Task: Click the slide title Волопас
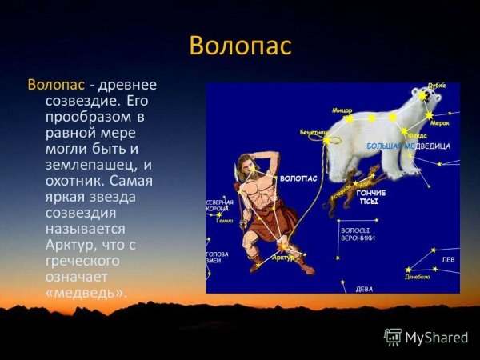[x=240, y=46]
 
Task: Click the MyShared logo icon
[x=393, y=337]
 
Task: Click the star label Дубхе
[x=436, y=86]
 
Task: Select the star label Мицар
[x=342, y=110]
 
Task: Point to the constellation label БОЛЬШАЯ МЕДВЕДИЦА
[x=408, y=147]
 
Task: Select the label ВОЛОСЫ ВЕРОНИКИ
[x=358, y=234]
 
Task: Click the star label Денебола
[x=418, y=277]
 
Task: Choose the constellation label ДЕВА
[x=364, y=287]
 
